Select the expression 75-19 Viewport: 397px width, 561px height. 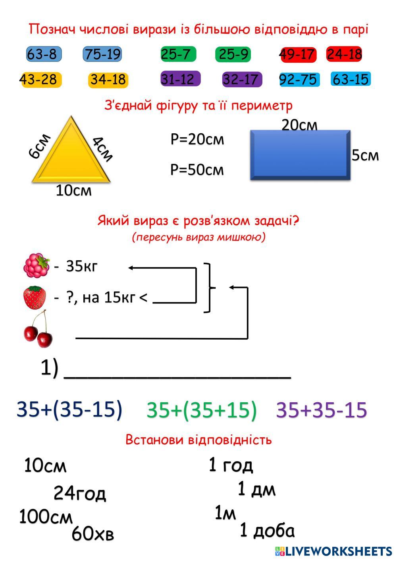[102, 54]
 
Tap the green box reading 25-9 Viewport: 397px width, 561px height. [233, 54]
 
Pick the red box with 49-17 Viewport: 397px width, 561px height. [298, 54]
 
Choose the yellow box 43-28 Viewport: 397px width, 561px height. [39, 79]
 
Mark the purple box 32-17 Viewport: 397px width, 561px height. [242, 79]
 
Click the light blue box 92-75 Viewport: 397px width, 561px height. [298, 79]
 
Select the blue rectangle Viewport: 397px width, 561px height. [300, 155]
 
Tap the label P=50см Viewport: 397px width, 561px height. [197, 170]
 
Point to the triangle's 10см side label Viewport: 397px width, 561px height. [73, 191]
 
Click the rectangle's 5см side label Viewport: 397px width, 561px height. [365, 155]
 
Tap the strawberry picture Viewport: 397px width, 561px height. [35, 298]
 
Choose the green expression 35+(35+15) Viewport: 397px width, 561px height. [202, 410]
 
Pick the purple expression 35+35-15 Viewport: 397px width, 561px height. [322, 410]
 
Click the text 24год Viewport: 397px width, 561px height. [80, 493]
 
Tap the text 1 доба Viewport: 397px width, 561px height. [267, 530]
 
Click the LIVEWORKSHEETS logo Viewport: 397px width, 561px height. [333, 551]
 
